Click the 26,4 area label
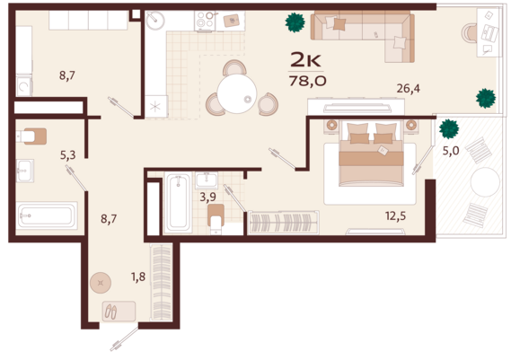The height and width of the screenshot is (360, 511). [x=408, y=89]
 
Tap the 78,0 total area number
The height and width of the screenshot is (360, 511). [x=307, y=81]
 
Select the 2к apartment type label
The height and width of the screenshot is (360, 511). [x=305, y=60]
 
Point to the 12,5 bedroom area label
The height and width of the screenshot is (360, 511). [x=395, y=216]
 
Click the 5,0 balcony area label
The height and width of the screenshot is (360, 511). [x=451, y=151]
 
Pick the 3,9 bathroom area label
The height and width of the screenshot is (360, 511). [x=208, y=198]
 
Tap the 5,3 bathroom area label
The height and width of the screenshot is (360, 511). [x=67, y=155]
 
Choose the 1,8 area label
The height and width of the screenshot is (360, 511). [x=138, y=277]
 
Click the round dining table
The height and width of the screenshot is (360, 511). [x=237, y=94]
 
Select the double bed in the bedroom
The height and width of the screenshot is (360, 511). [x=371, y=154]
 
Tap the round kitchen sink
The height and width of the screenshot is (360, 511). [x=155, y=21]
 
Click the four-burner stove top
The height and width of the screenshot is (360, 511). [x=205, y=20]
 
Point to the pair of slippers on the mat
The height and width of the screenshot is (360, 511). [x=110, y=312]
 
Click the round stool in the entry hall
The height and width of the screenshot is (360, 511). [x=101, y=283]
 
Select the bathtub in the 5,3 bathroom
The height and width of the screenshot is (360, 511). [x=48, y=215]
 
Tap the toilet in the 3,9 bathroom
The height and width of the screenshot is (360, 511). [x=216, y=219]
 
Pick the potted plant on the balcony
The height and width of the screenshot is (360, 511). [x=449, y=128]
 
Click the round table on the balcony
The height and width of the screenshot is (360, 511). [x=485, y=182]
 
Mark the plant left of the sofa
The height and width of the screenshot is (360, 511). [x=295, y=22]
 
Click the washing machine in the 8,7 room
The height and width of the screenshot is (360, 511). [x=24, y=86]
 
